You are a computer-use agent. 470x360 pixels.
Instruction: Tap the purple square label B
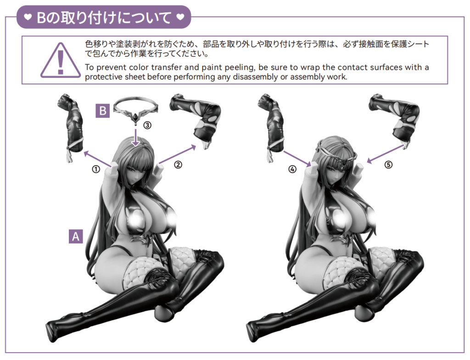tap(102, 111)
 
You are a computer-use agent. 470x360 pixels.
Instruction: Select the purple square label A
tap(76, 236)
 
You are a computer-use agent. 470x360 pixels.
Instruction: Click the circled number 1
tap(96, 170)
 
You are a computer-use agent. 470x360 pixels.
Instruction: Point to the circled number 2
tap(178, 165)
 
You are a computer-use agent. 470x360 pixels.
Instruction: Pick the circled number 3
tap(147, 125)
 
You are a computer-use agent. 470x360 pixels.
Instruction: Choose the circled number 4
tap(292, 169)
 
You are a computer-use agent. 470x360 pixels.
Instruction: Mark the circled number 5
tap(388, 165)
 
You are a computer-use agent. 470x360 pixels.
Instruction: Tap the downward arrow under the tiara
tap(136, 138)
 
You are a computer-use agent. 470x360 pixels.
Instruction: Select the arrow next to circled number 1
tap(97, 159)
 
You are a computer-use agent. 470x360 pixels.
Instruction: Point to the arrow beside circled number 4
tap(297, 158)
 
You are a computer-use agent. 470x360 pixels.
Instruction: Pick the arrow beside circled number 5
tap(386, 154)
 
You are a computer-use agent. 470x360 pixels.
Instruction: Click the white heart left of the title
tap(28, 17)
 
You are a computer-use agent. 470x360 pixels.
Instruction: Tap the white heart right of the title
tap(180, 17)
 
